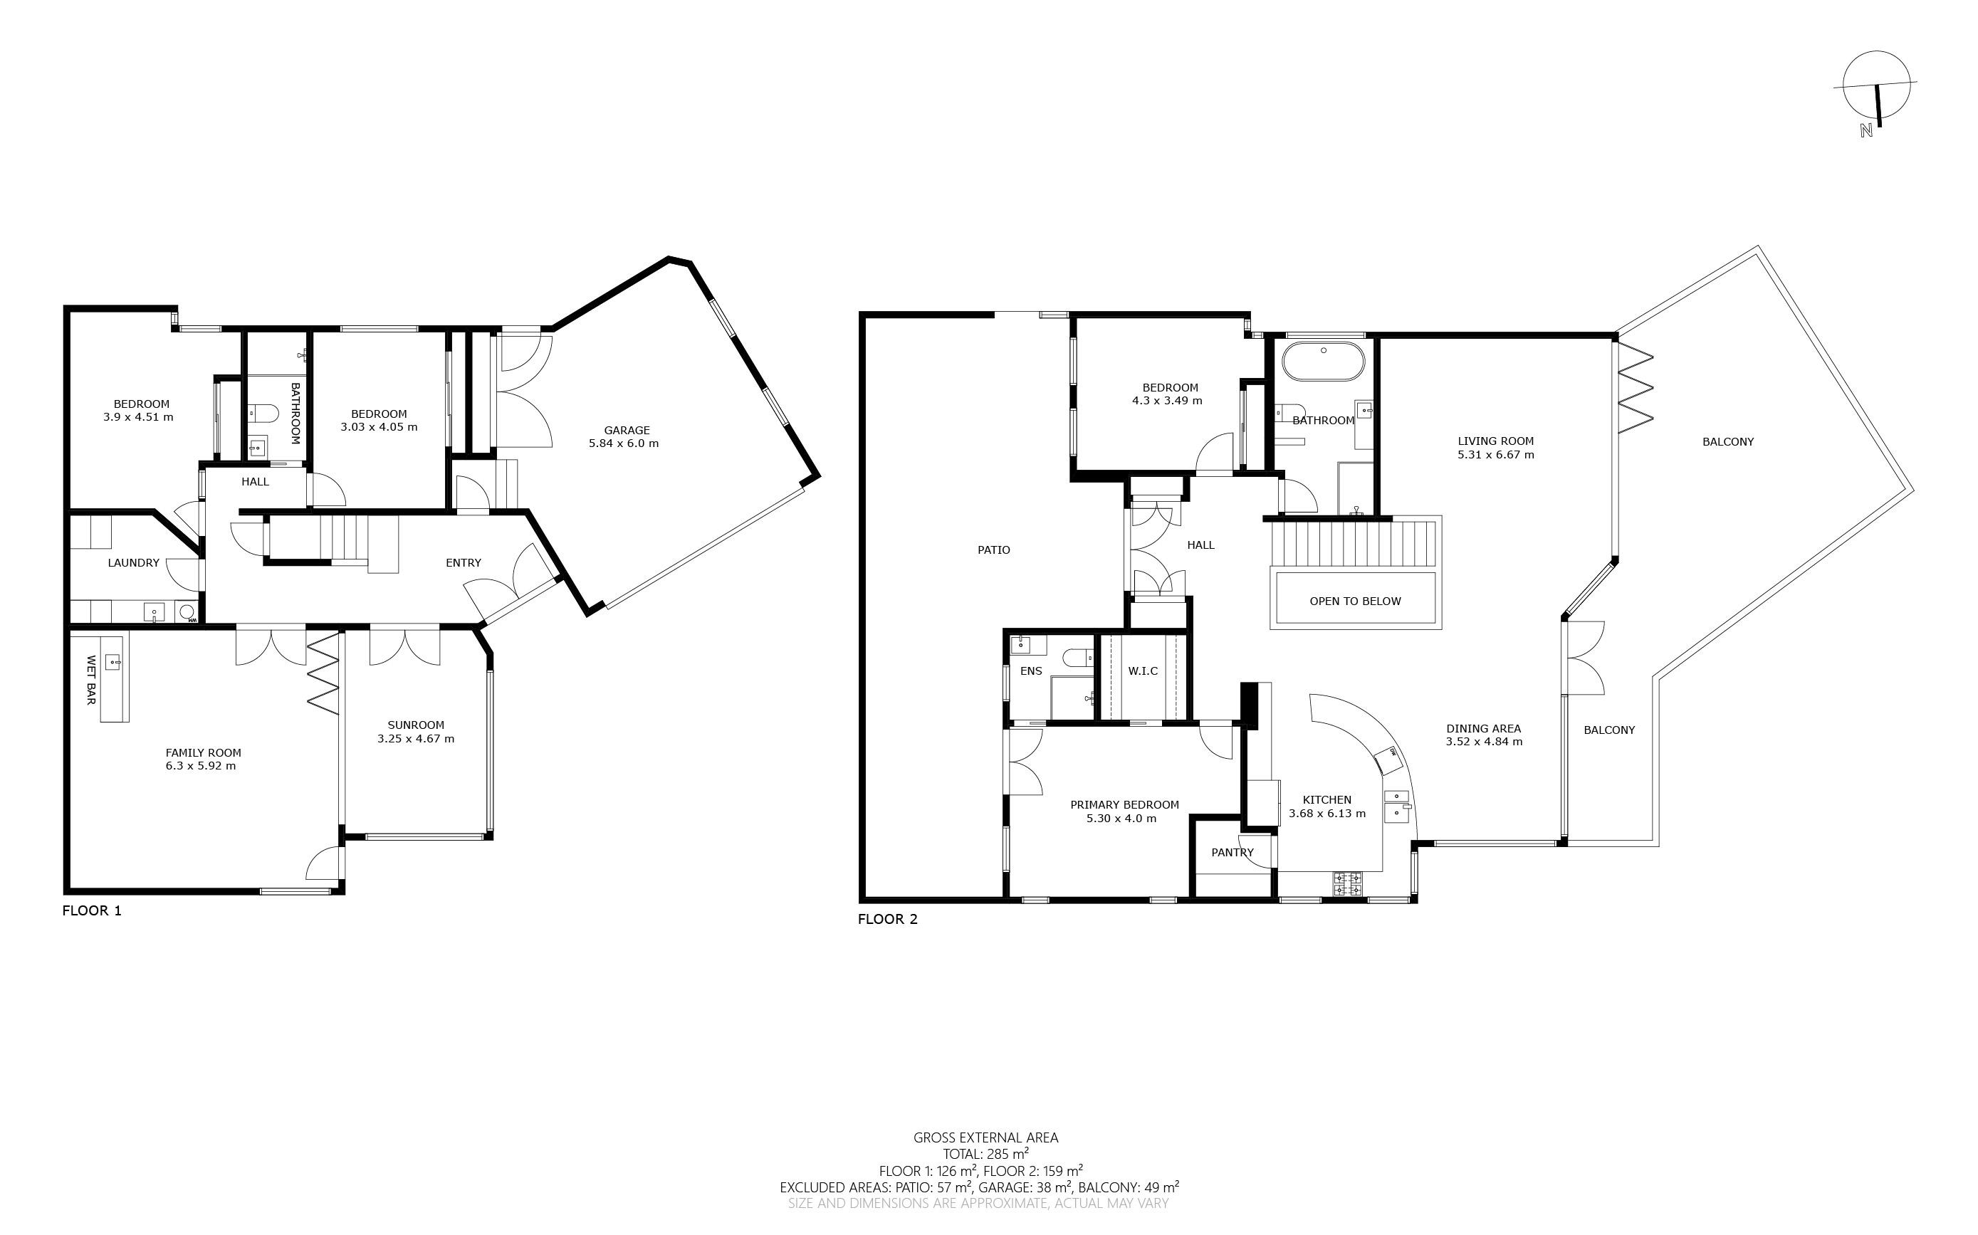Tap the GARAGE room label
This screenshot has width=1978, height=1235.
[x=627, y=431]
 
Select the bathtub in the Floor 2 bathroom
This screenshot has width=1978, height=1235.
[x=1323, y=361]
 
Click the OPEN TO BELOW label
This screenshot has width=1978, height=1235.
[x=1354, y=601]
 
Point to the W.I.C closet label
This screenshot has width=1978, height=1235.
[x=1143, y=671]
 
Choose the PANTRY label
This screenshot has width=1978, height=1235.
[x=1232, y=853]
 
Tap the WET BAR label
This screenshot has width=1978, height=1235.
[x=90, y=680]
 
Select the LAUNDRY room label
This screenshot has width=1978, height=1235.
[x=133, y=563]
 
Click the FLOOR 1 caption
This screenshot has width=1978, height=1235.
[x=92, y=910]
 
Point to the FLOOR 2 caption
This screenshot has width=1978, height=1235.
[x=887, y=919]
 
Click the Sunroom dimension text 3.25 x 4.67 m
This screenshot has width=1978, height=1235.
[x=416, y=738]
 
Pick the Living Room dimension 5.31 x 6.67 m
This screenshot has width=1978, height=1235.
[x=1496, y=454]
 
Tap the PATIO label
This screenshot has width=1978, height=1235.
[x=993, y=550]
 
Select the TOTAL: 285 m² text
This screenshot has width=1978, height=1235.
[x=985, y=1154]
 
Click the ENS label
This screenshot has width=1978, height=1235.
[x=1031, y=671]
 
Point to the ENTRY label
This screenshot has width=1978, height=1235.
[x=464, y=563]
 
